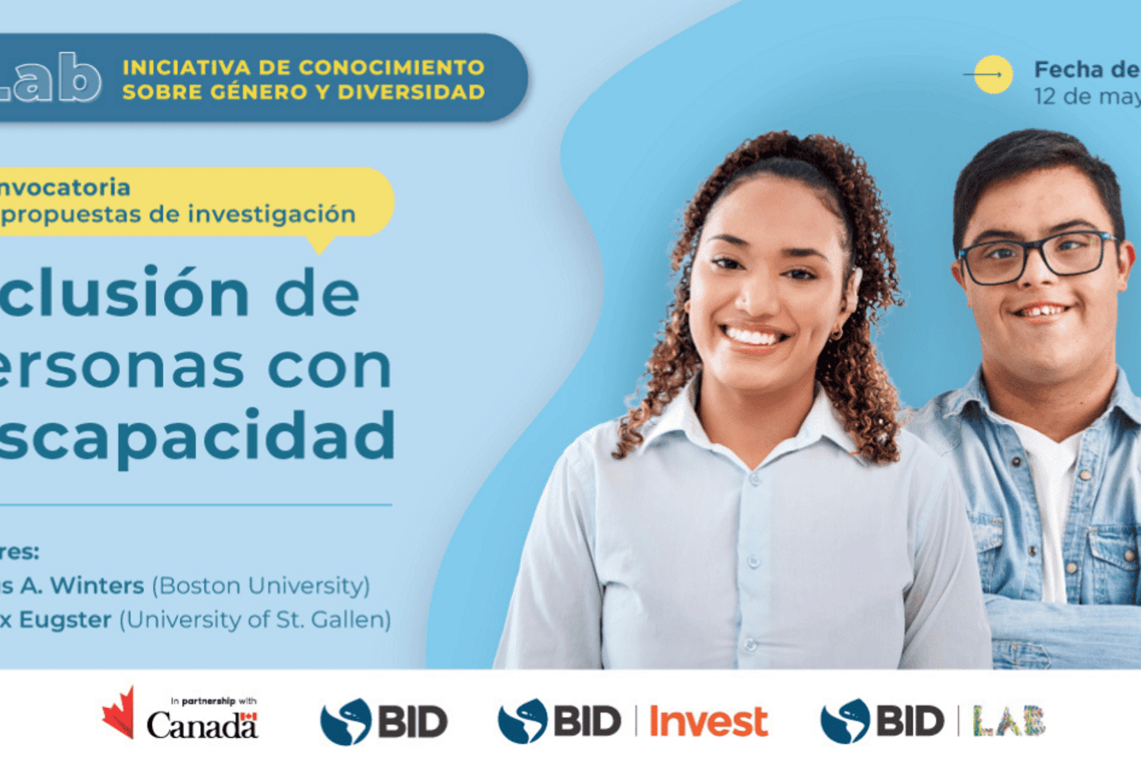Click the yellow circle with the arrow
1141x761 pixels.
click(x=993, y=75)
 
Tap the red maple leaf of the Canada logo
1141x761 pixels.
click(x=119, y=713)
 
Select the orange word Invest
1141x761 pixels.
click(x=708, y=721)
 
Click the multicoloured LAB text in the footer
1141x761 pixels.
click(x=1009, y=721)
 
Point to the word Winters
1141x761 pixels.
click(x=97, y=586)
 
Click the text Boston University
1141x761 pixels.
click(x=261, y=586)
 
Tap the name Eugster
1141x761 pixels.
click(x=65, y=619)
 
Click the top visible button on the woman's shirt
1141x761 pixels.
click(x=754, y=480)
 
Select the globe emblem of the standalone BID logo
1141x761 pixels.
click(x=345, y=721)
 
